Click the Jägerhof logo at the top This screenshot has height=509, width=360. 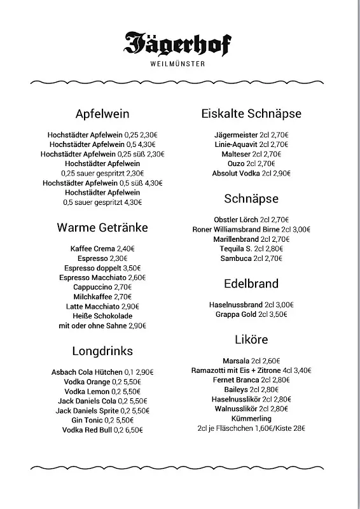tap(179, 43)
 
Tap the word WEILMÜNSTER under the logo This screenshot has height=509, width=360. tap(179, 63)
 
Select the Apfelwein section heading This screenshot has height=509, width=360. tap(102, 114)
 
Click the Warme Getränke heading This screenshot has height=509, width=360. tap(102, 227)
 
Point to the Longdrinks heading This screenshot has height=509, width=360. tap(102, 351)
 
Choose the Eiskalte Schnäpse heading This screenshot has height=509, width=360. tap(251, 114)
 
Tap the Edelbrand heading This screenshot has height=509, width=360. tap(251, 283)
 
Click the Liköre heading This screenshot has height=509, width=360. tap(251, 339)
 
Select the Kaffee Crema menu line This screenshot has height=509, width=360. tap(102, 249)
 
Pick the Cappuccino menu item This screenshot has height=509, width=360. tap(102, 287)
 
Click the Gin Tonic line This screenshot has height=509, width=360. tap(102, 420)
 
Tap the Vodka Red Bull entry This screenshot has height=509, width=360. tap(102, 430)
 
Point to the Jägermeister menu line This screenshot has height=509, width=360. tap(251, 135)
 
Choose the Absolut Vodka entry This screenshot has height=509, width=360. tap(251, 173)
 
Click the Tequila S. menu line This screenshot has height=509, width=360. tap(251, 249)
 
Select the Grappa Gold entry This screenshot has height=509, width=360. tap(251, 314)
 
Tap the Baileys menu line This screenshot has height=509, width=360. tap(251, 389)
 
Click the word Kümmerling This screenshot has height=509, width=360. tap(251, 419)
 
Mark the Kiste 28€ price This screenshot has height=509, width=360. tap(292, 429)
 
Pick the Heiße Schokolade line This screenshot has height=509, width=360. tap(102, 316)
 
